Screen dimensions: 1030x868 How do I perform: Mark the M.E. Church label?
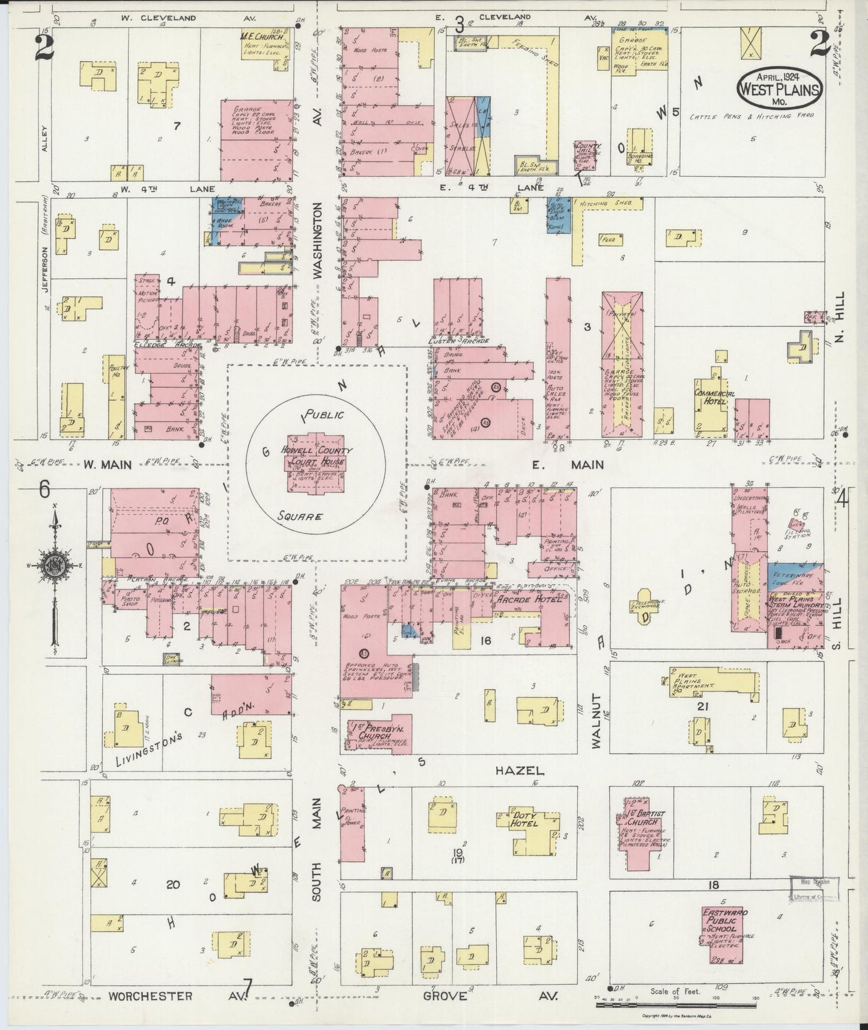[x=262, y=37]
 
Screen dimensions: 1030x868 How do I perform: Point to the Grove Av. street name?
[x=445, y=995]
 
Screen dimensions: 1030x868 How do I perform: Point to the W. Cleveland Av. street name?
[x=158, y=18]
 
